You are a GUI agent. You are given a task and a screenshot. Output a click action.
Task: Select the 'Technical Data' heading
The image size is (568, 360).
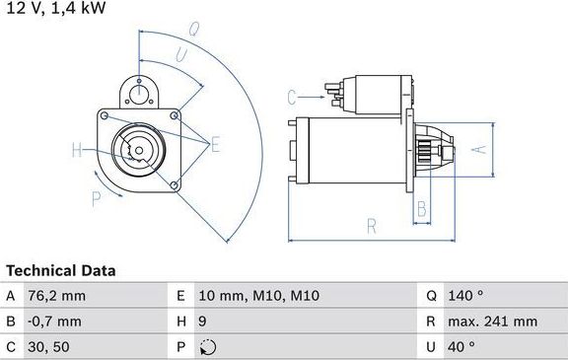61,269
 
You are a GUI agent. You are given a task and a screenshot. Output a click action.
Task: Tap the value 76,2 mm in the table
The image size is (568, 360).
58,296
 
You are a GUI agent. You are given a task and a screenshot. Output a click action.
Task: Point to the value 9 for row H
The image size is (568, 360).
203,321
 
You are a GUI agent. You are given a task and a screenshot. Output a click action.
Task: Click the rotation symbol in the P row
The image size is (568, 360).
205,346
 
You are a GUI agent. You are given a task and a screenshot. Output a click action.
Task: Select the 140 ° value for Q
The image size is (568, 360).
466,296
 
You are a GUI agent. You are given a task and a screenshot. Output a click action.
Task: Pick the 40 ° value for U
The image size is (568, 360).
462,346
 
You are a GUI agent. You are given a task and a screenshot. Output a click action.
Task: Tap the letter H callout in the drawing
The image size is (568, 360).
76,151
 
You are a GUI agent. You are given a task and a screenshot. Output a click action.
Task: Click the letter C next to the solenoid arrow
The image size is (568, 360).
292,97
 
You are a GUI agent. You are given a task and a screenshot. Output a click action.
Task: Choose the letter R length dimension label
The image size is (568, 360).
372,226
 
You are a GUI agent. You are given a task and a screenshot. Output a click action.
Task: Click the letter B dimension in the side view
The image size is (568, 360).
421,208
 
